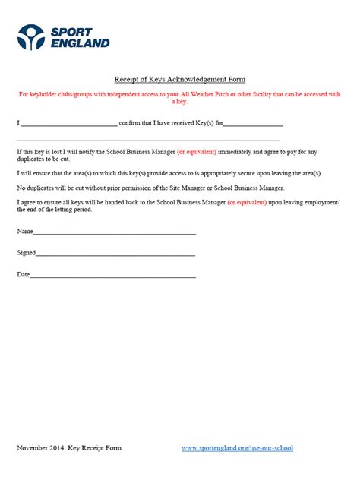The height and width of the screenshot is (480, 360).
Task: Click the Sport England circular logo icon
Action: point(32,36)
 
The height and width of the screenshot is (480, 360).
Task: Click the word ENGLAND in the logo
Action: point(80,43)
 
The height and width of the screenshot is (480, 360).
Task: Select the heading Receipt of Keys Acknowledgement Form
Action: point(179,79)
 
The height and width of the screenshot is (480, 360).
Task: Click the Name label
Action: point(24,231)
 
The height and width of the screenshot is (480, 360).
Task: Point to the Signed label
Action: point(26,253)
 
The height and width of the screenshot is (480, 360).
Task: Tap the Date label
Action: point(24,274)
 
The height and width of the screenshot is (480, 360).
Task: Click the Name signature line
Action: point(114,232)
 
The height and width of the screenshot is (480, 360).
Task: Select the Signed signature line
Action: point(115,254)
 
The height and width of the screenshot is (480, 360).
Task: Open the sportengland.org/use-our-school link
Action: point(237,448)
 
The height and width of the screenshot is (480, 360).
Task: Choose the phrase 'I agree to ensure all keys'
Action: point(56,201)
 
